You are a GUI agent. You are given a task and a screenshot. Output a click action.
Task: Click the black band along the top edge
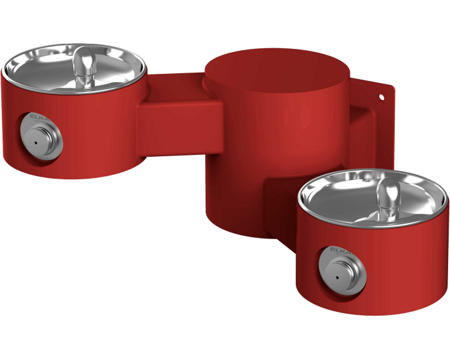click(x=225, y=19)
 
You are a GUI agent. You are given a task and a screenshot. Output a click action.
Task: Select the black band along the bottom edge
click(x=225, y=337)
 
